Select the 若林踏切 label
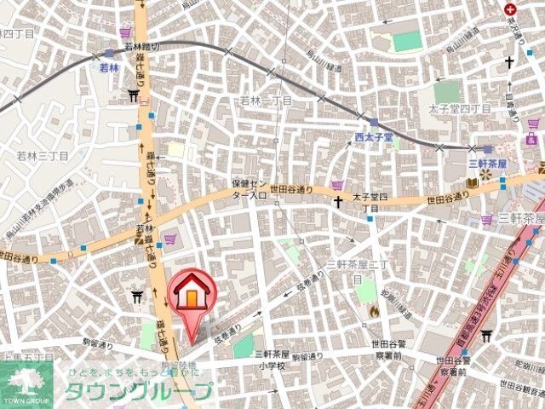tap(142, 48)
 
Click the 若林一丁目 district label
tap(265, 101)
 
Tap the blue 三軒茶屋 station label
tap(487, 163)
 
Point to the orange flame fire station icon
tap(372, 312)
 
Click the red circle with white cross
tap(511, 9)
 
